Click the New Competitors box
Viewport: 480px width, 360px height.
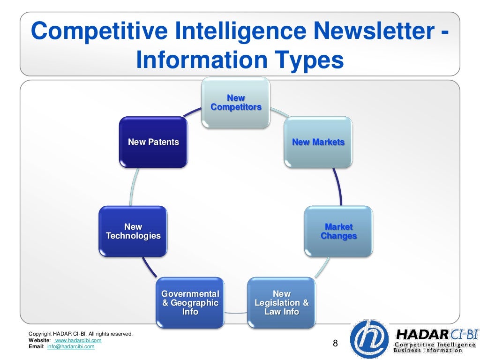coord(236,103)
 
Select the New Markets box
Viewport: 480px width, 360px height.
coord(318,142)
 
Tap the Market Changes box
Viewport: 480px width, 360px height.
coord(338,232)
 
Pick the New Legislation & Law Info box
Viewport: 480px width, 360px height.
coord(281,303)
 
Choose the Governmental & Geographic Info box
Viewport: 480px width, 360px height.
coord(190,303)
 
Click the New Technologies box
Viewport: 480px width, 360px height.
coord(133,232)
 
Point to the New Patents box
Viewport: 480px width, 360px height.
coord(153,142)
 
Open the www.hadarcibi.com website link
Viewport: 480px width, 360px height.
coord(78,340)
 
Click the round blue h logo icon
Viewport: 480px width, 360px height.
coord(369,339)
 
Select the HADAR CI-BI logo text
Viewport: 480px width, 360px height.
coord(430,334)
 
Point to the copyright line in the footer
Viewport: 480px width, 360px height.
coord(81,334)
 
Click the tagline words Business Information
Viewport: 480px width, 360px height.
coord(427,351)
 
